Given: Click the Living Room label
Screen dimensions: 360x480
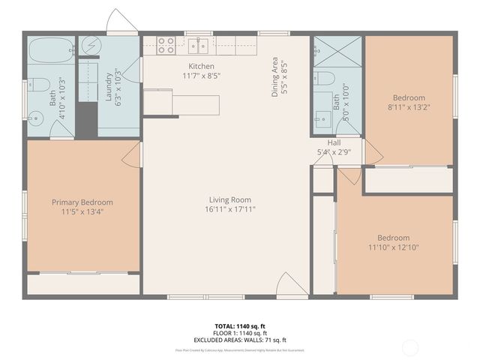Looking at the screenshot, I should click(x=230, y=200).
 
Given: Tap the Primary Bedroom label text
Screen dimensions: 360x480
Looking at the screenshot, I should click(x=82, y=202).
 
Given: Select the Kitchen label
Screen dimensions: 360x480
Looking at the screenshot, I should click(x=201, y=67).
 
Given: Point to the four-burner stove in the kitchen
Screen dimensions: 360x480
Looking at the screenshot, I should click(x=166, y=45).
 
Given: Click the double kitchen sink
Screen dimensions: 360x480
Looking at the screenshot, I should click(x=199, y=46).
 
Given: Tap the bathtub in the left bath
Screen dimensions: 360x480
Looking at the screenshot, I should click(x=51, y=51).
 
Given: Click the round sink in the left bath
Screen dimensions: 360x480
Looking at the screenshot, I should click(x=35, y=117).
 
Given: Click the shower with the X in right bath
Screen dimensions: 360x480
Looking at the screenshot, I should click(x=337, y=51).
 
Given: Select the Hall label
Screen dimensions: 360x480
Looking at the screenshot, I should click(x=334, y=142).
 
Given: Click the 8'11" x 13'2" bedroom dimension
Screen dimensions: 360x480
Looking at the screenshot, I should click(x=409, y=107).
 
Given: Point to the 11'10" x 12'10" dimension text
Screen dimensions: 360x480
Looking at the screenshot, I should click(x=394, y=247).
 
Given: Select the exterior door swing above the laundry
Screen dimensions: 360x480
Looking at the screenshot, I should click(x=121, y=23).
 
